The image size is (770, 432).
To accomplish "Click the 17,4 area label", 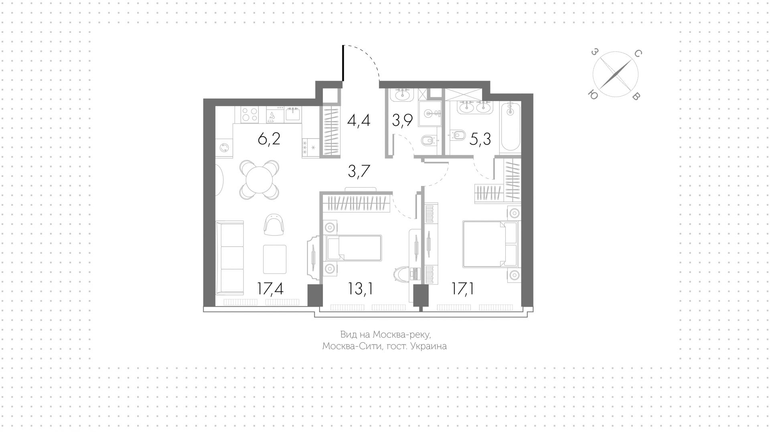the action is pyautogui.click(x=271, y=289).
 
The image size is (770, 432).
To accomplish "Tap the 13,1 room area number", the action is pyautogui.click(x=361, y=289).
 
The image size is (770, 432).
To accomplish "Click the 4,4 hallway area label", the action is pyautogui.click(x=359, y=120).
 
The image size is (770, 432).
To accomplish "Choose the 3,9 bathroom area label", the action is pyautogui.click(x=402, y=120).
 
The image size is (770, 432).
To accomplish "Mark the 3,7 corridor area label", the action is pyautogui.click(x=359, y=171).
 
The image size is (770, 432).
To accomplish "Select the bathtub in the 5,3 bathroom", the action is pyautogui.click(x=510, y=128).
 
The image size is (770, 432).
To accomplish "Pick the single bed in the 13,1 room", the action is pyautogui.click(x=353, y=248).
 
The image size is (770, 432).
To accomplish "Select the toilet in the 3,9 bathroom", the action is pyautogui.click(x=428, y=141).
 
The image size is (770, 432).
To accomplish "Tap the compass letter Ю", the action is pyautogui.click(x=592, y=94).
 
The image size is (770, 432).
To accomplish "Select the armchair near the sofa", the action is pyautogui.click(x=275, y=224).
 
